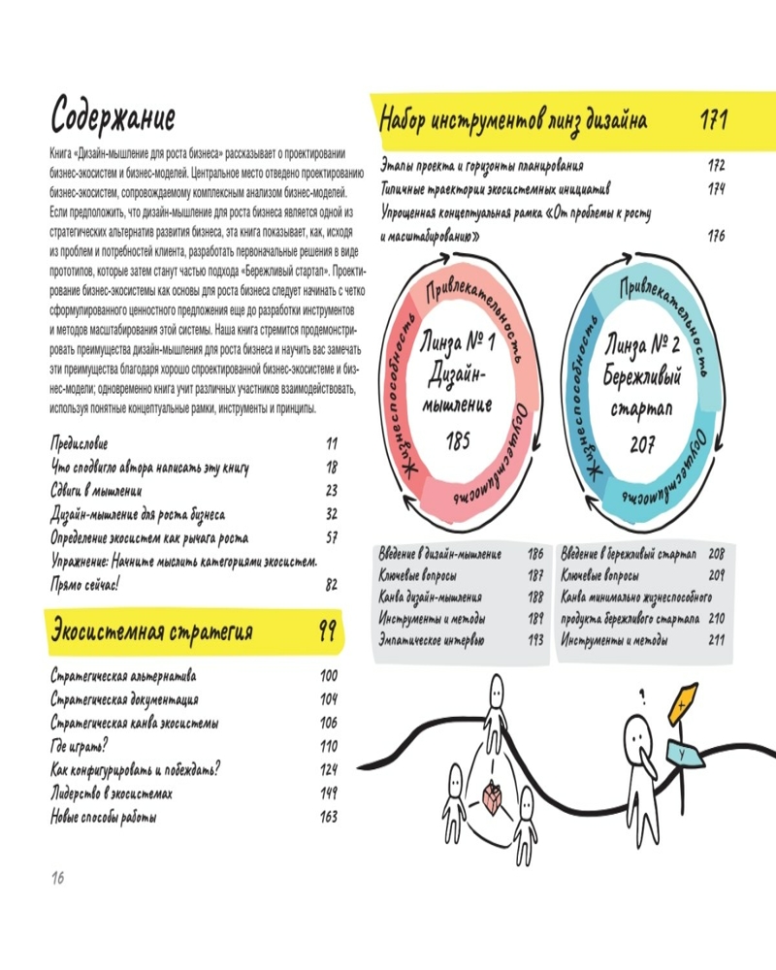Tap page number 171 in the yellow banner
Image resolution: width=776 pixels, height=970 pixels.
[714, 119]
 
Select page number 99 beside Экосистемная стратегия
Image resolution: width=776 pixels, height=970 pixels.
[327, 630]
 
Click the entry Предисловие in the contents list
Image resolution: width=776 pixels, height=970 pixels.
[80, 443]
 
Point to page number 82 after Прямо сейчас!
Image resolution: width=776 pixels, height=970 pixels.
[332, 585]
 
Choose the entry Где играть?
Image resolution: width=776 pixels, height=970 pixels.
[80, 746]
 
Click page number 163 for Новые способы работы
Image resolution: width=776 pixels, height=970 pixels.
[329, 817]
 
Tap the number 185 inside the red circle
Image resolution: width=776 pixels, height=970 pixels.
[458, 440]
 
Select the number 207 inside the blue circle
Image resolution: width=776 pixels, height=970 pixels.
[642, 443]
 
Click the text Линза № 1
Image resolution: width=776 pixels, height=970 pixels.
[457, 342]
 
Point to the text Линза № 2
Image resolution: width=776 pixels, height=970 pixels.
[642, 344]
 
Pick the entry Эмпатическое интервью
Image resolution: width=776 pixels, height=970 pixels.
[432, 640]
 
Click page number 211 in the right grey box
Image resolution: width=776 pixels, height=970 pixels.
[716, 639]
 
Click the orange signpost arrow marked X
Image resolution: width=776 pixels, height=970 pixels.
[683, 704]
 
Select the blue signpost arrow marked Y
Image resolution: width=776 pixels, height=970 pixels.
[684, 755]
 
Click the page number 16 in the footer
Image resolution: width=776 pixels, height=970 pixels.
[57, 877]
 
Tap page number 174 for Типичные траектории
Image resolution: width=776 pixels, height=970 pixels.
[716, 188]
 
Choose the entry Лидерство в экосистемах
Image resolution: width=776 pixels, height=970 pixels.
[112, 793]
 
